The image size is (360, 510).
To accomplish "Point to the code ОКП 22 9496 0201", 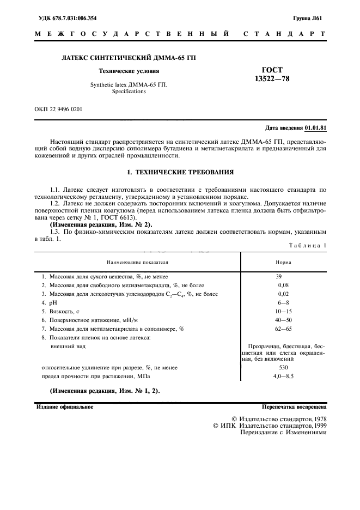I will [x=58, y=109].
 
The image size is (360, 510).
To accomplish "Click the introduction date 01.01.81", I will [x=315, y=128].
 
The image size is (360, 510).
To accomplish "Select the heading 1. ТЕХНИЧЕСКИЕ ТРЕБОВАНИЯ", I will [x=180, y=172].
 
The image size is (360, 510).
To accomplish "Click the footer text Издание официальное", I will [x=65, y=406].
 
